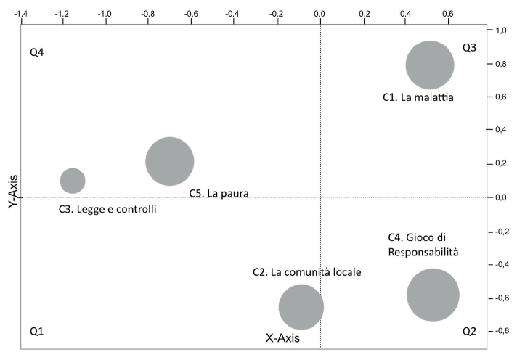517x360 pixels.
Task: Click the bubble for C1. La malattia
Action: click(429, 65)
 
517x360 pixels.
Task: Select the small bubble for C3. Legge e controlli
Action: click(72, 180)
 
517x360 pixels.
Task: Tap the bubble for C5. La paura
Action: click(169, 161)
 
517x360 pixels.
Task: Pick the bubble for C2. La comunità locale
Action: click(301, 306)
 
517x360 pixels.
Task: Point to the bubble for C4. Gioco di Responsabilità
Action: click(433, 295)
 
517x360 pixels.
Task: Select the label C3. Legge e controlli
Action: click(107, 209)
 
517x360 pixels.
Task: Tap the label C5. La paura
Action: click(219, 194)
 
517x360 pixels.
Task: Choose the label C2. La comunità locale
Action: click(306, 272)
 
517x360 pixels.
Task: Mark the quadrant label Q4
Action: click(37, 54)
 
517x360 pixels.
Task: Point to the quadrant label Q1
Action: click(37, 331)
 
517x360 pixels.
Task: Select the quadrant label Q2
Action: click(469, 331)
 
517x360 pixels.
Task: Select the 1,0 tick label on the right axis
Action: click(500, 30)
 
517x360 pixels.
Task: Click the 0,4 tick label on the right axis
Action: click(500, 131)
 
